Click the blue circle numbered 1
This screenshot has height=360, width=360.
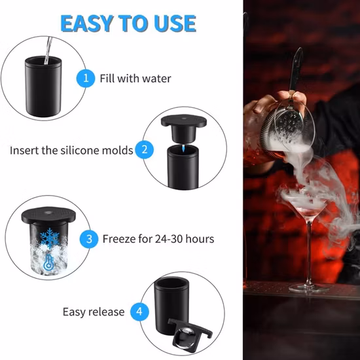(x=84, y=79)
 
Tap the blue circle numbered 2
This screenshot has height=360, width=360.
(x=145, y=150)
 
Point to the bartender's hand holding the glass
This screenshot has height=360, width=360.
(x=268, y=105)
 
